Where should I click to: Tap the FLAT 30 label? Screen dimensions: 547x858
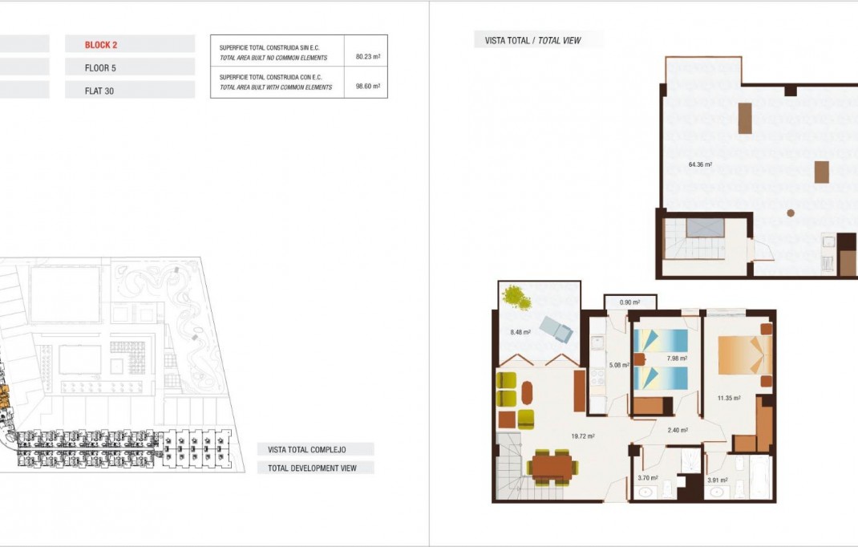[99, 91]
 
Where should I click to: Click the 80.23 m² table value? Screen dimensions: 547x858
[367, 57]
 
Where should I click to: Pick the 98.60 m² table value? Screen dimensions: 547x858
[367, 86]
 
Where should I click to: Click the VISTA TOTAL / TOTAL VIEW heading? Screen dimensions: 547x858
[532, 40]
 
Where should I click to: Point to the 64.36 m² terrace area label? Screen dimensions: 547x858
[700, 165]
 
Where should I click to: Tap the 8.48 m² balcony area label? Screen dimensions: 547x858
[521, 332]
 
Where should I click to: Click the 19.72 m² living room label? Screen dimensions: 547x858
[582, 436]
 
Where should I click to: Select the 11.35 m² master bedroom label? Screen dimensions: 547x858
[728, 397]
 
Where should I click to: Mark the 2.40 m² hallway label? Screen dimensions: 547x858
[678, 430]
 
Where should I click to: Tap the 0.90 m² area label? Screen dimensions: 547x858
[629, 302]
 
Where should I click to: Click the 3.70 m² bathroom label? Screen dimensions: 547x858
[647, 478]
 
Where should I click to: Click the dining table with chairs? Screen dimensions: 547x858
[552, 465]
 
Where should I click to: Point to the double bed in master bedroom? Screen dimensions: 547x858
[743, 355]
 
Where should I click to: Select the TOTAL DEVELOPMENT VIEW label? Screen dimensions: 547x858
[312, 468]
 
